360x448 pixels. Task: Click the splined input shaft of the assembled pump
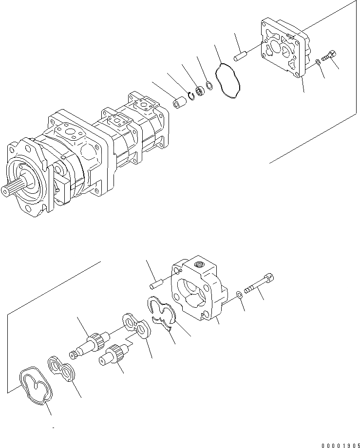tap(15, 188)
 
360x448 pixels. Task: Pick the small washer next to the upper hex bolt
tap(318, 62)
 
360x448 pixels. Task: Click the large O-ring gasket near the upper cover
tap(228, 81)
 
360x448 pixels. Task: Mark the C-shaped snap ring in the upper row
tap(191, 98)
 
